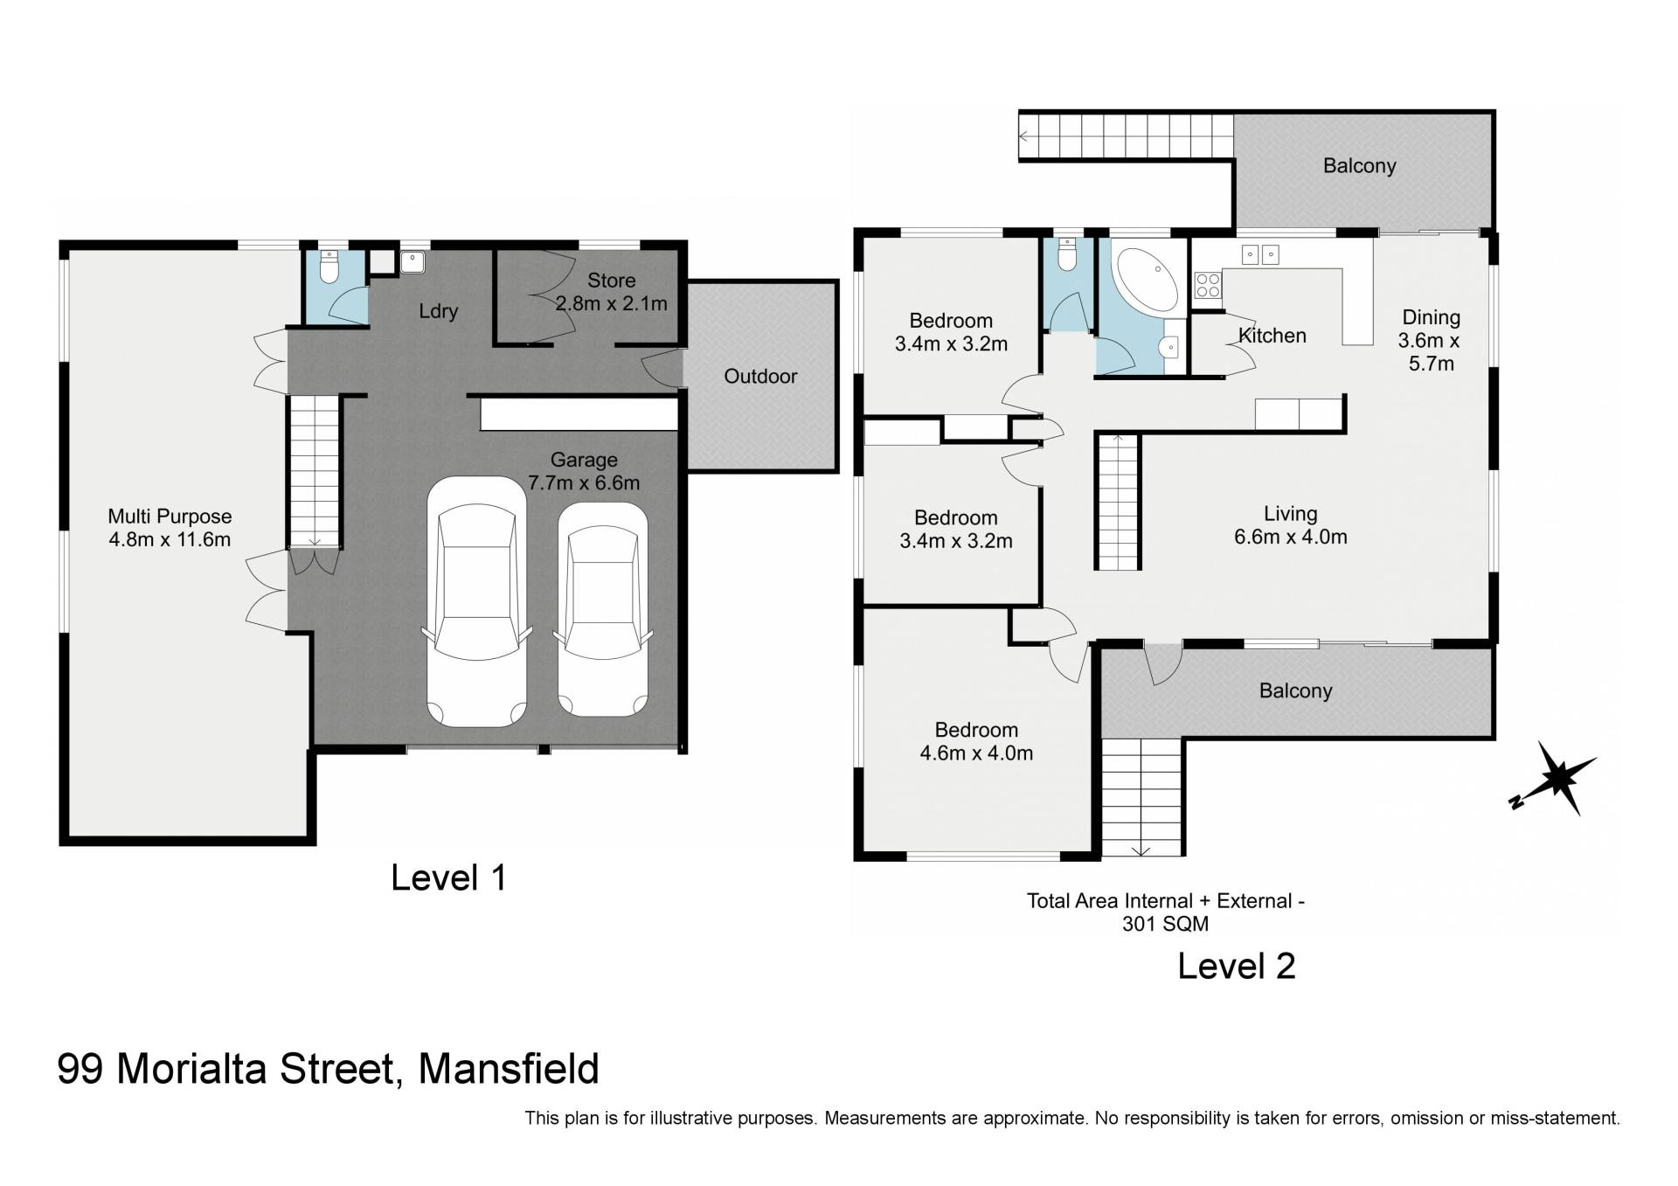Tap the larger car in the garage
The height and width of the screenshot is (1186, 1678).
pos(477,601)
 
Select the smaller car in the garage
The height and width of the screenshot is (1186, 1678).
pos(603,609)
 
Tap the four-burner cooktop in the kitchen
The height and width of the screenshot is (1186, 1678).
pos(1208,284)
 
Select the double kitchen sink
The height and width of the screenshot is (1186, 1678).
pos(1261,253)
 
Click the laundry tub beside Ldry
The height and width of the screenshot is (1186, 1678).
pos(412,260)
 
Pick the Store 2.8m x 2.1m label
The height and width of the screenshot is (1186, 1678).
pos(612,292)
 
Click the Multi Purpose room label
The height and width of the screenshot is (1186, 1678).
pos(170,528)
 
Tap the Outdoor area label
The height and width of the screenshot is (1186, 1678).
pos(760,377)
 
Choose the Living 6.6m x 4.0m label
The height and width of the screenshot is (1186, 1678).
pos(1291,525)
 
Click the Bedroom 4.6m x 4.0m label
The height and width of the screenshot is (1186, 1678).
pos(976,741)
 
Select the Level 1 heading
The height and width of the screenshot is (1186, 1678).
pos(448,877)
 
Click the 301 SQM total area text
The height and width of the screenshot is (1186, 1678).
pos(1165,924)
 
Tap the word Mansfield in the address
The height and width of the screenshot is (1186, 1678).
pos(509,1069)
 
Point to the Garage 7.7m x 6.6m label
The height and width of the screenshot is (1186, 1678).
pos(584,471)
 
